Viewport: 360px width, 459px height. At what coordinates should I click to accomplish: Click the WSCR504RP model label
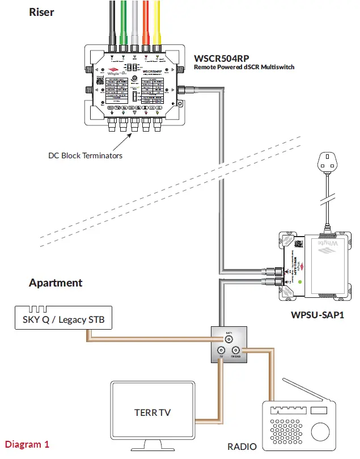222,58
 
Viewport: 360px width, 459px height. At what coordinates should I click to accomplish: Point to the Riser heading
41,12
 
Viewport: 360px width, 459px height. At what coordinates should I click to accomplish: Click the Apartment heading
56,283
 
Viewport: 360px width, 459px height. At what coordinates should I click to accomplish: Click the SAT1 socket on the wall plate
229,340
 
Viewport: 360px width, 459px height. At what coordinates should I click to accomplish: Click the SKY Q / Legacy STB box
62,319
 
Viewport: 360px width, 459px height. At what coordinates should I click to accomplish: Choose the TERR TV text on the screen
152,412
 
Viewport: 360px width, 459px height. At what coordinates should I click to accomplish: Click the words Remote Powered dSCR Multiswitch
244,67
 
